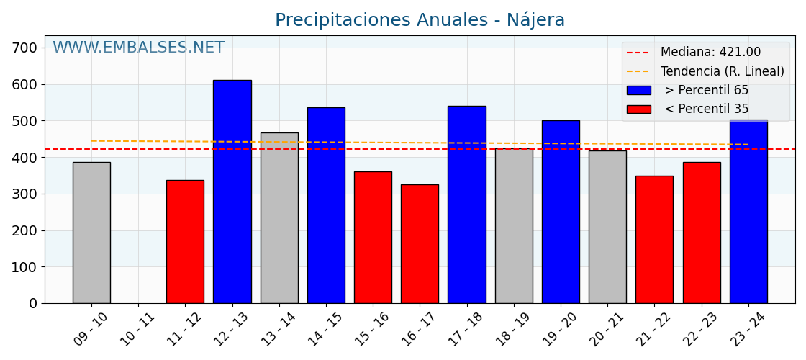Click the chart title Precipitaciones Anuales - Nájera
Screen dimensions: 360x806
420,20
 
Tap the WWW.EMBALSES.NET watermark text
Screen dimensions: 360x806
138,48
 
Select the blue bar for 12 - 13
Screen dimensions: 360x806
232,192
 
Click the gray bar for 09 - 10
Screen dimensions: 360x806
91,233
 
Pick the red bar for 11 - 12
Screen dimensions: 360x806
185,242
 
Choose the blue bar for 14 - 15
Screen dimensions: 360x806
326,205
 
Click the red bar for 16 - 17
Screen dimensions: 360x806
420,244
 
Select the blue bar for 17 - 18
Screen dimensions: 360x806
466,204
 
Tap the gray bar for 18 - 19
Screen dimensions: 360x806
514,226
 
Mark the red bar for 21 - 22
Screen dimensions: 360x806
654,240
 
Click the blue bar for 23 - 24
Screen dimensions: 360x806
748,212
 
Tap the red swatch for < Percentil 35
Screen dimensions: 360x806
638,109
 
